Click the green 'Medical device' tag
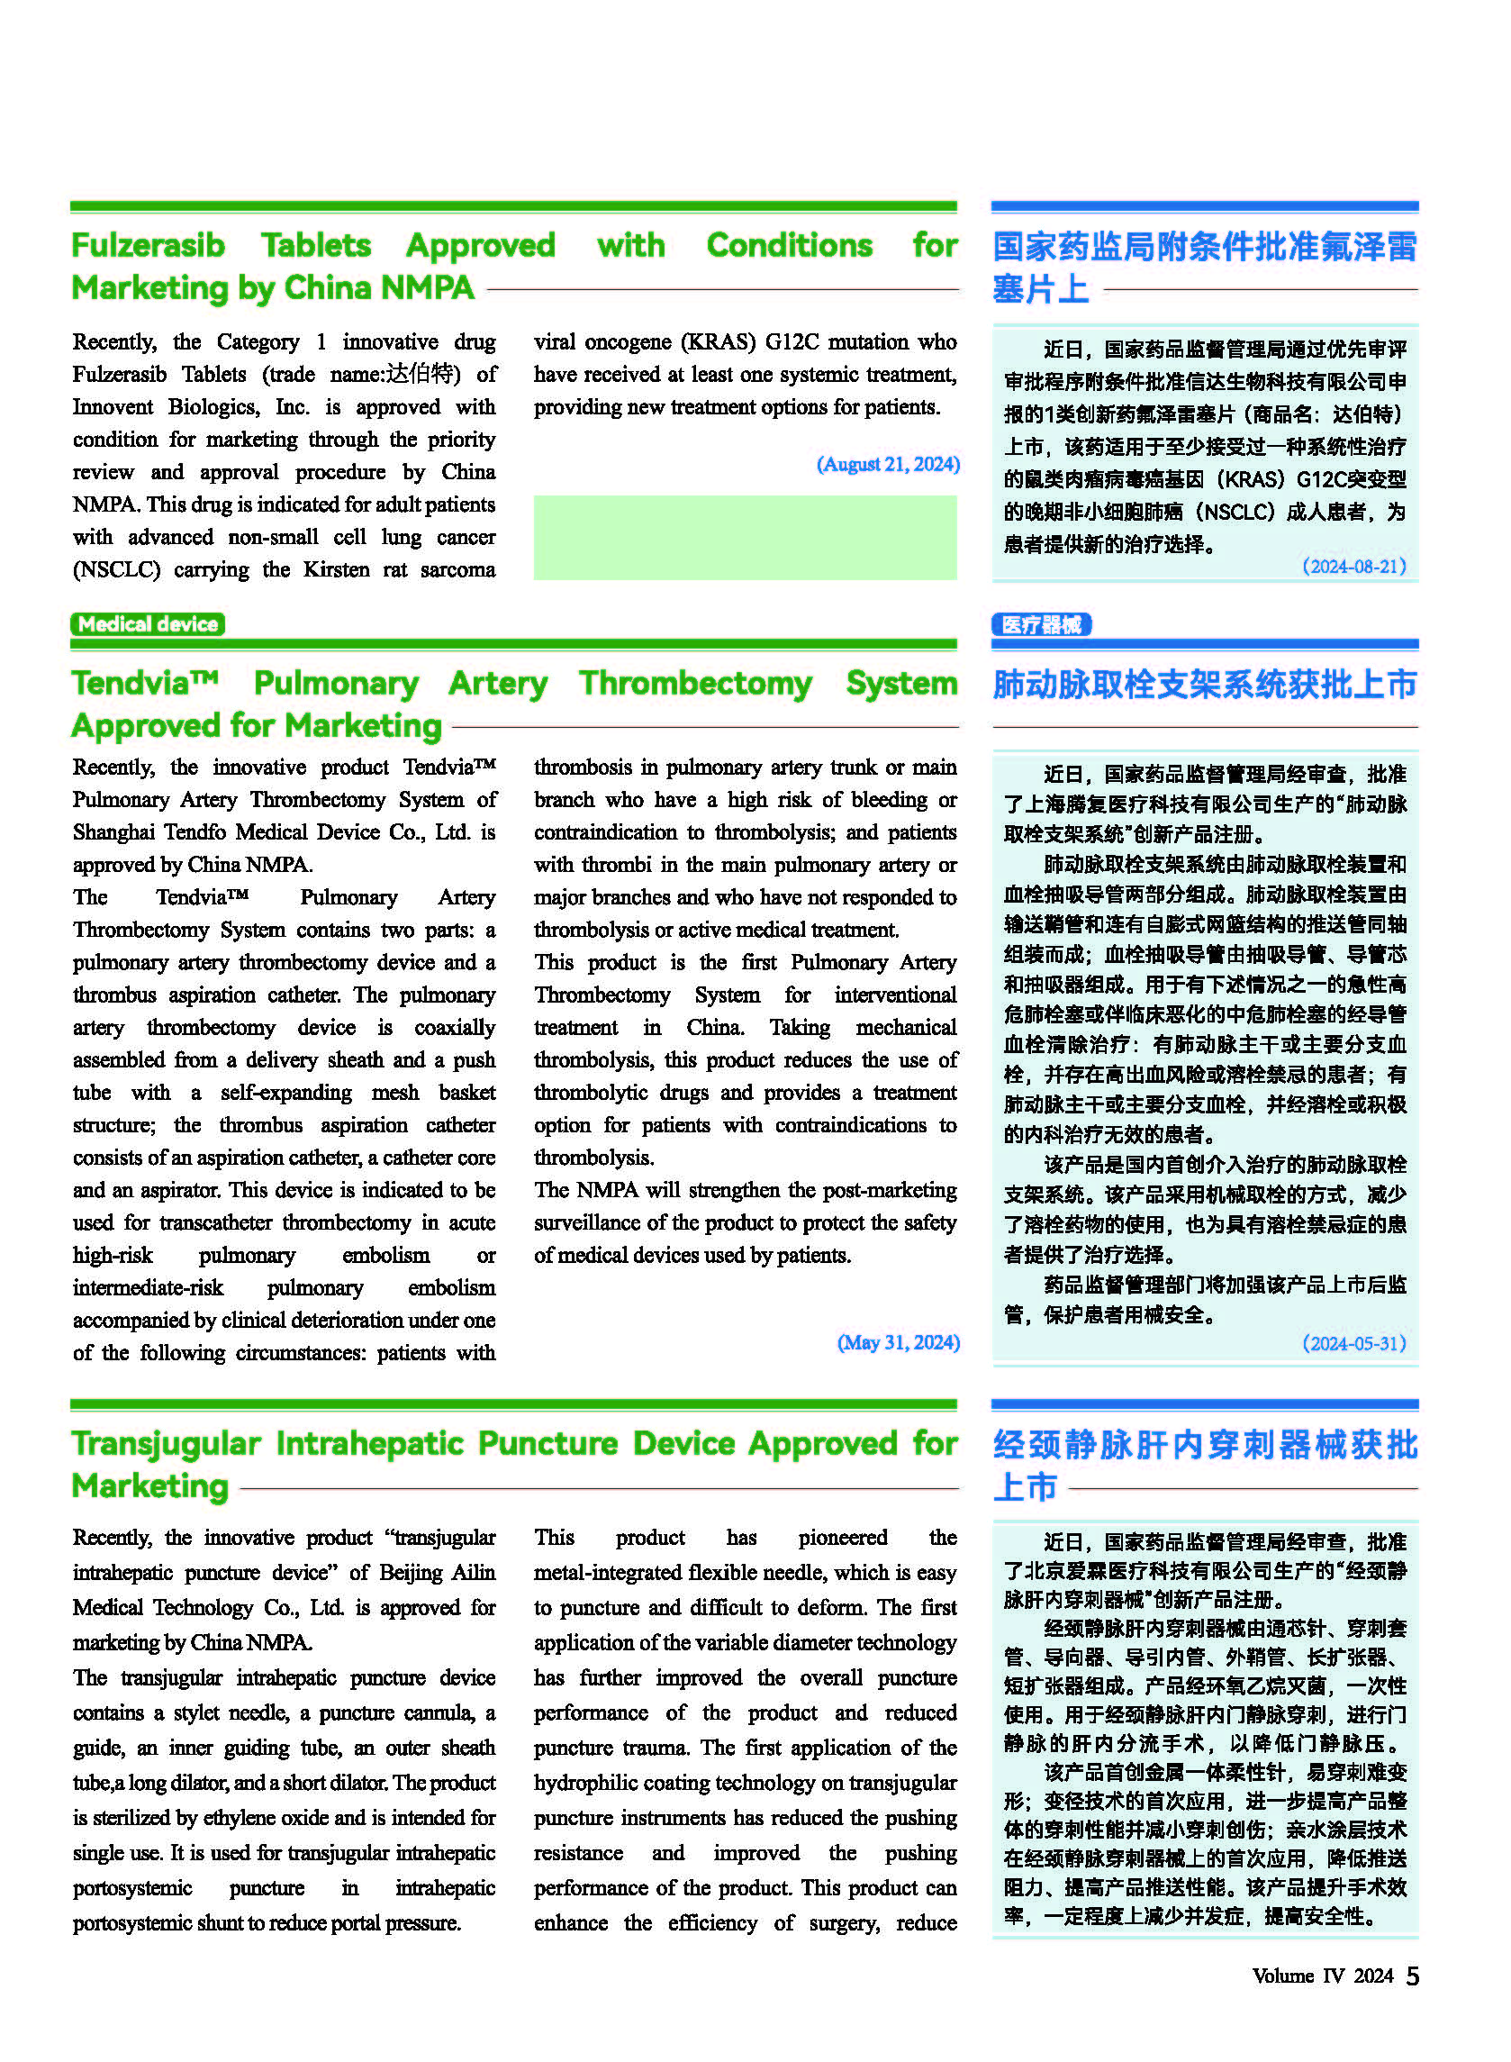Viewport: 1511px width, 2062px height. [148, 624]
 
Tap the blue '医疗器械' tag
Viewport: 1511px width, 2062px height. [1041, 625]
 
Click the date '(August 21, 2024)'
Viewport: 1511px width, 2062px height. [887, 464]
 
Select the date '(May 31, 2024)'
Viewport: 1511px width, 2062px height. [897, 1342]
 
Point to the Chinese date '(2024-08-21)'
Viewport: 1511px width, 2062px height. [1353, 567]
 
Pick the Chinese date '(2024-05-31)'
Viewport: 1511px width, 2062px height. [1353, 1343]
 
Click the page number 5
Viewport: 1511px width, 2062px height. [1412, 1976]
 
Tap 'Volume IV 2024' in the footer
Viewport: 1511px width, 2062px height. [1322, 1976]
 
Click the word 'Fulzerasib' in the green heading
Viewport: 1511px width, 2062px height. [149, 245]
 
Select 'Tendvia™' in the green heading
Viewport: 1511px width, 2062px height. [146, 684]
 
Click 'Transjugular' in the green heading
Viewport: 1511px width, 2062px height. [166, 1444]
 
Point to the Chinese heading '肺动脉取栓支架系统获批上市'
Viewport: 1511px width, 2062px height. [1205, 685]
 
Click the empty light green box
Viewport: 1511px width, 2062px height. [745, 537]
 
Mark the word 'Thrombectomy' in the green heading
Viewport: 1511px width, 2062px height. [695, 684]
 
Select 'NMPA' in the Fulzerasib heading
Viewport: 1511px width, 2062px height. [427, 288]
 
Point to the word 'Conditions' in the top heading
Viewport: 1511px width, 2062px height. [790, 245]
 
